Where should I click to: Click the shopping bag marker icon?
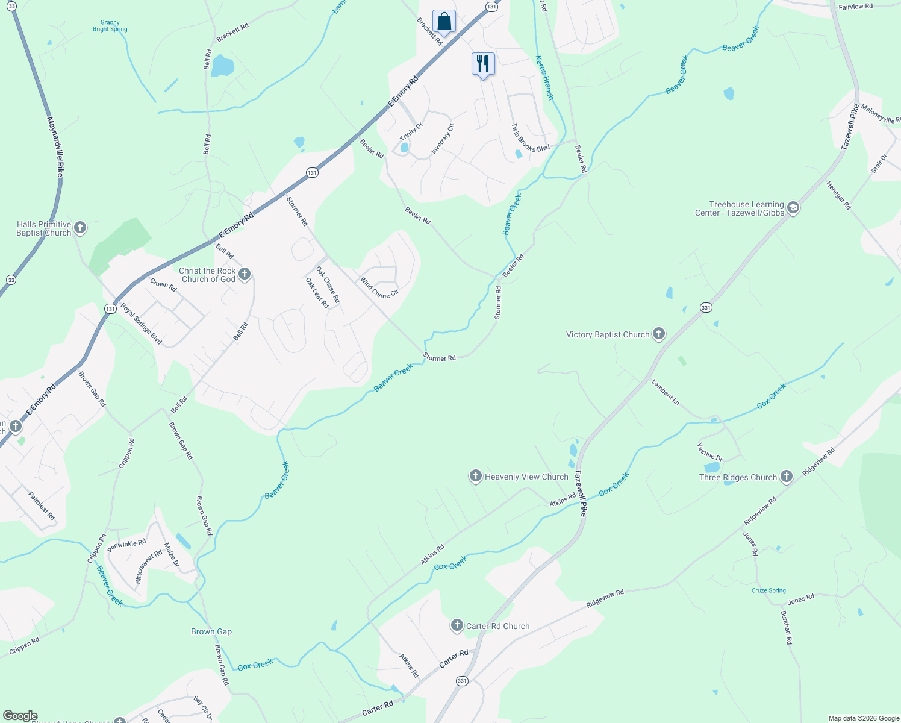[444, 22]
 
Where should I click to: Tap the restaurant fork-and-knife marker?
[483, 63]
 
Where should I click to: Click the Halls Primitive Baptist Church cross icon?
[79, 228]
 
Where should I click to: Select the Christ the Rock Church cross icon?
[244, 274]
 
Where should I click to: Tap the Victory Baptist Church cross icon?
[659, 334]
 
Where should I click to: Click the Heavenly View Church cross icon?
[476, 477]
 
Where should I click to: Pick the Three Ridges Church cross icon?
[786, 477]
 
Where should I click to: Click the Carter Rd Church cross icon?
[457, 625]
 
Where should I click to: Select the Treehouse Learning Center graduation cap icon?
[793, 208]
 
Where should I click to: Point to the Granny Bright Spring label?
[110, 26]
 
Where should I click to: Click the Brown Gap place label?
[211, 631]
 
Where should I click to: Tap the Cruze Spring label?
[768, 590]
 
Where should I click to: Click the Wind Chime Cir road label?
[379, 287]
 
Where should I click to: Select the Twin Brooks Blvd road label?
[531, 138]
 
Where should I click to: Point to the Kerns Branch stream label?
[544, 78]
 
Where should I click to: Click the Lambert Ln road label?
[666, 392]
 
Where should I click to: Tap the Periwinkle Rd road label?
[126, 546]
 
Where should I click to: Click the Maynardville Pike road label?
[56, 146]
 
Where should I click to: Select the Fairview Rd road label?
[855, 7]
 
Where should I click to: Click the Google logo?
[20, 715]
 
